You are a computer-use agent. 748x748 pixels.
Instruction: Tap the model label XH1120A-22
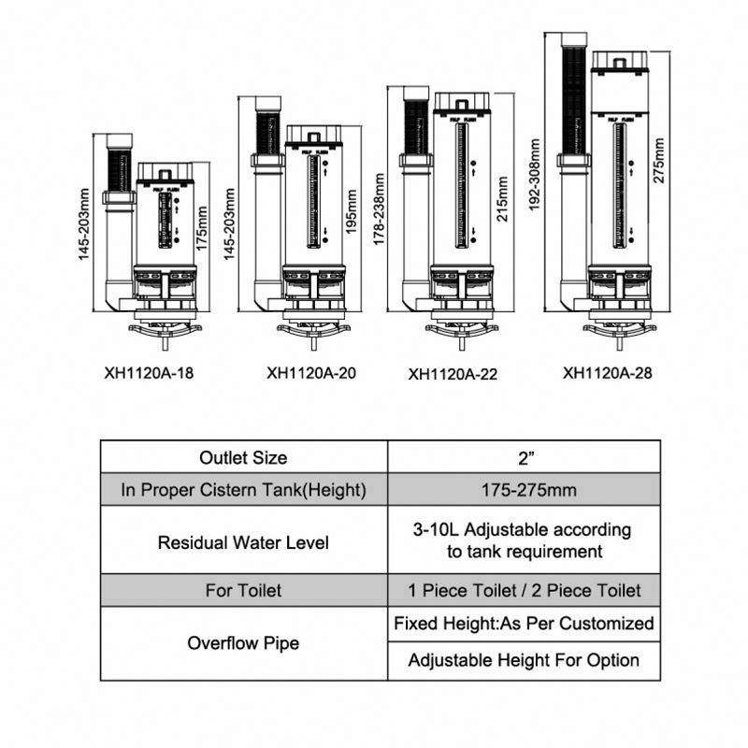(x=453, y=375)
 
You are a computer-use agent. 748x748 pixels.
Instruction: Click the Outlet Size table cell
(x=243, y=458)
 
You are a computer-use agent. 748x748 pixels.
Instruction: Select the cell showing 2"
(x=524, y=458)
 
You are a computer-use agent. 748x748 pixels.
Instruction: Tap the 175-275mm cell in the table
(x=524, y=490)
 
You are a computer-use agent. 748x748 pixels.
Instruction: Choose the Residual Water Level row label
(x=243, y=541)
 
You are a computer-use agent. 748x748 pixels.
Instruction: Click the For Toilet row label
(x=243, y=591)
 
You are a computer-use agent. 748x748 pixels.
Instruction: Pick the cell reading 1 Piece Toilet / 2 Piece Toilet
(x=524, y=591)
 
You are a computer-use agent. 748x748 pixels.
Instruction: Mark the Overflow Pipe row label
(x=243, y=643)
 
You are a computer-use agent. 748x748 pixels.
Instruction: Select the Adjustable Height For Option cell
(x=524, y=660)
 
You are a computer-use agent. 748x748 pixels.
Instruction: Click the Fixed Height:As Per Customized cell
(x=524, y=624)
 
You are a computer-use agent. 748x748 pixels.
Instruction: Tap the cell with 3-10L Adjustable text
(x=524, y=540)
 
